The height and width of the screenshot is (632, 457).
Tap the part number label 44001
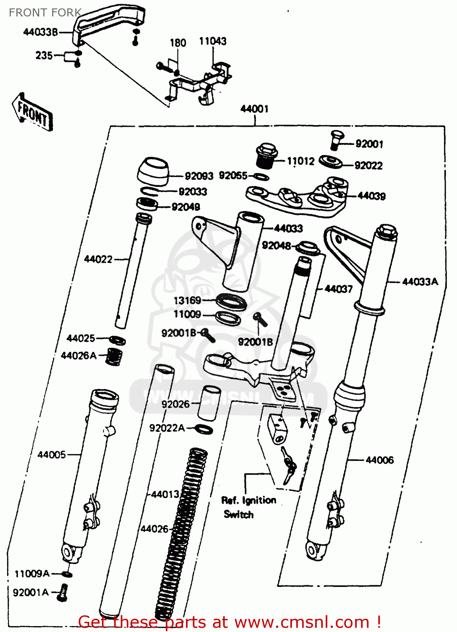(254, 109)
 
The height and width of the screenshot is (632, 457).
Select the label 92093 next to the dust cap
(199, 176)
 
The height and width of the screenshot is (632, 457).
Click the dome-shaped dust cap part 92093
(153, 171)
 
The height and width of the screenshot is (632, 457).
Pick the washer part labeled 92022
(330, 162)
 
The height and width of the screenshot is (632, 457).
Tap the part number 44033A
(420, 281)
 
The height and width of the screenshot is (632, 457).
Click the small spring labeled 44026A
(113, 356)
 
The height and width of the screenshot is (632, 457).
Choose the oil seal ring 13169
(231, 302)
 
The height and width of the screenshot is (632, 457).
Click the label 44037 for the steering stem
(338, 289)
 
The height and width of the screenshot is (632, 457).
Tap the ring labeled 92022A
(205, 429)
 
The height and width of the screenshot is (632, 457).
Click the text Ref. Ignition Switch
(248, 507)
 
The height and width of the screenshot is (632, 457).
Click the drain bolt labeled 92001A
(63, 592)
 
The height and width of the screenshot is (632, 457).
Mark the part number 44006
(380, 460)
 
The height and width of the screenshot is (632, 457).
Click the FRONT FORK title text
(45, 13)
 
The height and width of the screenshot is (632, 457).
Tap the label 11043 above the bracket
(213, 41)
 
